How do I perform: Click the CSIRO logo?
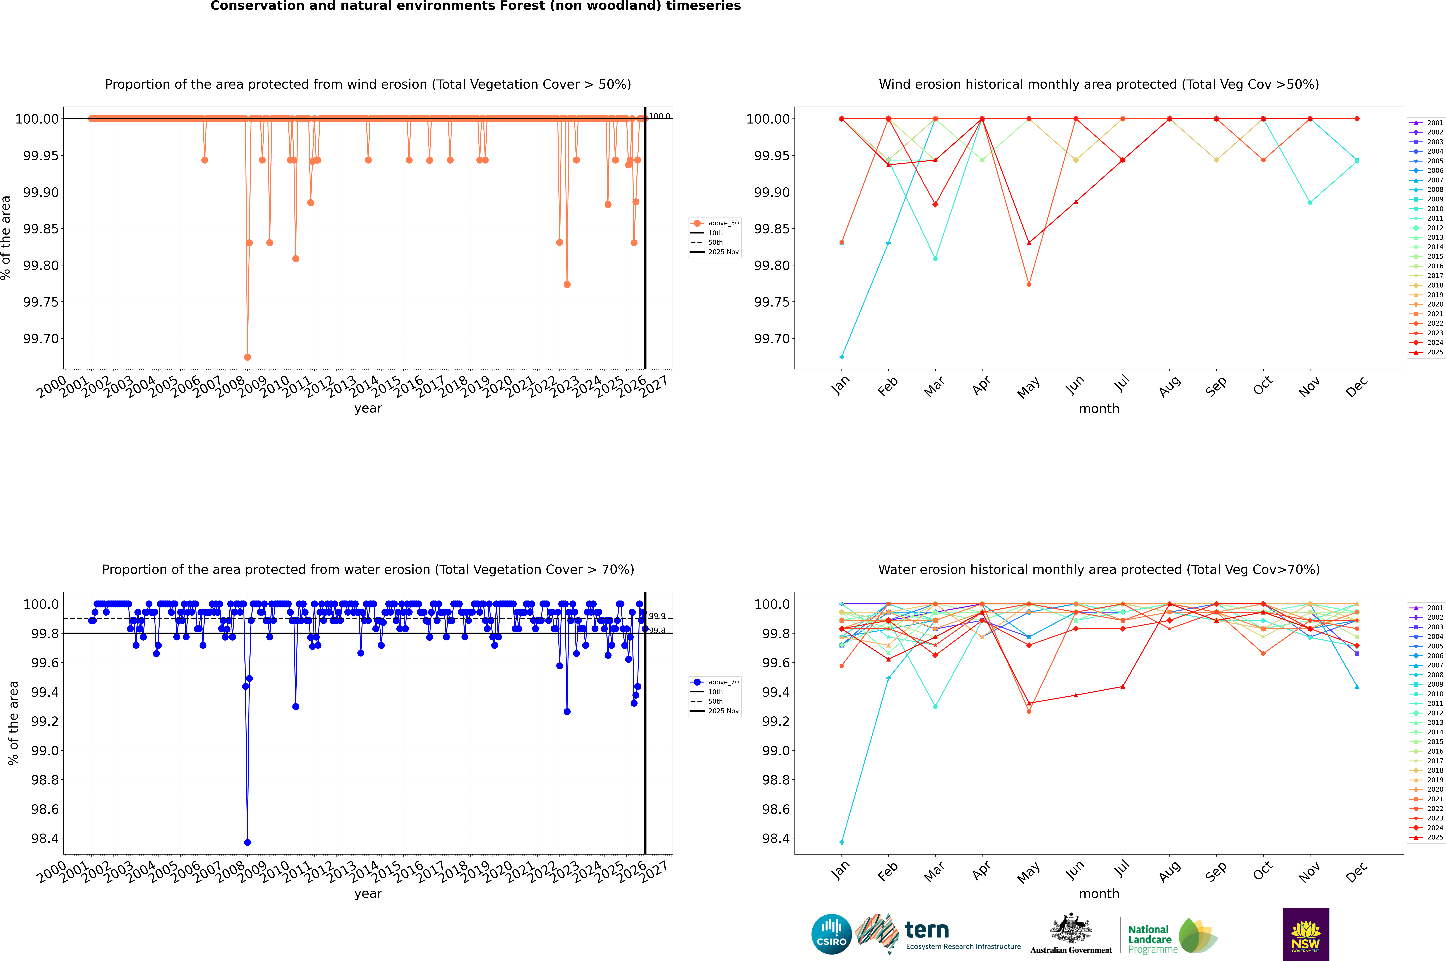[831, 934]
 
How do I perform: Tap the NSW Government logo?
[1306, 934]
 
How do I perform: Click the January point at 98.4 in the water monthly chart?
[842, 842]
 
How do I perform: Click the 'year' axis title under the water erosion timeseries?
[368, 894]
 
